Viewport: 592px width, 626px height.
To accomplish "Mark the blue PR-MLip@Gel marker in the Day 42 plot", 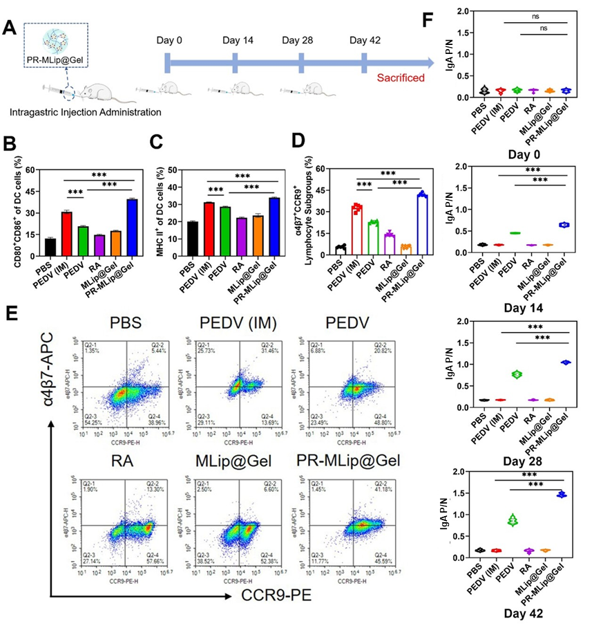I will [565, 495].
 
